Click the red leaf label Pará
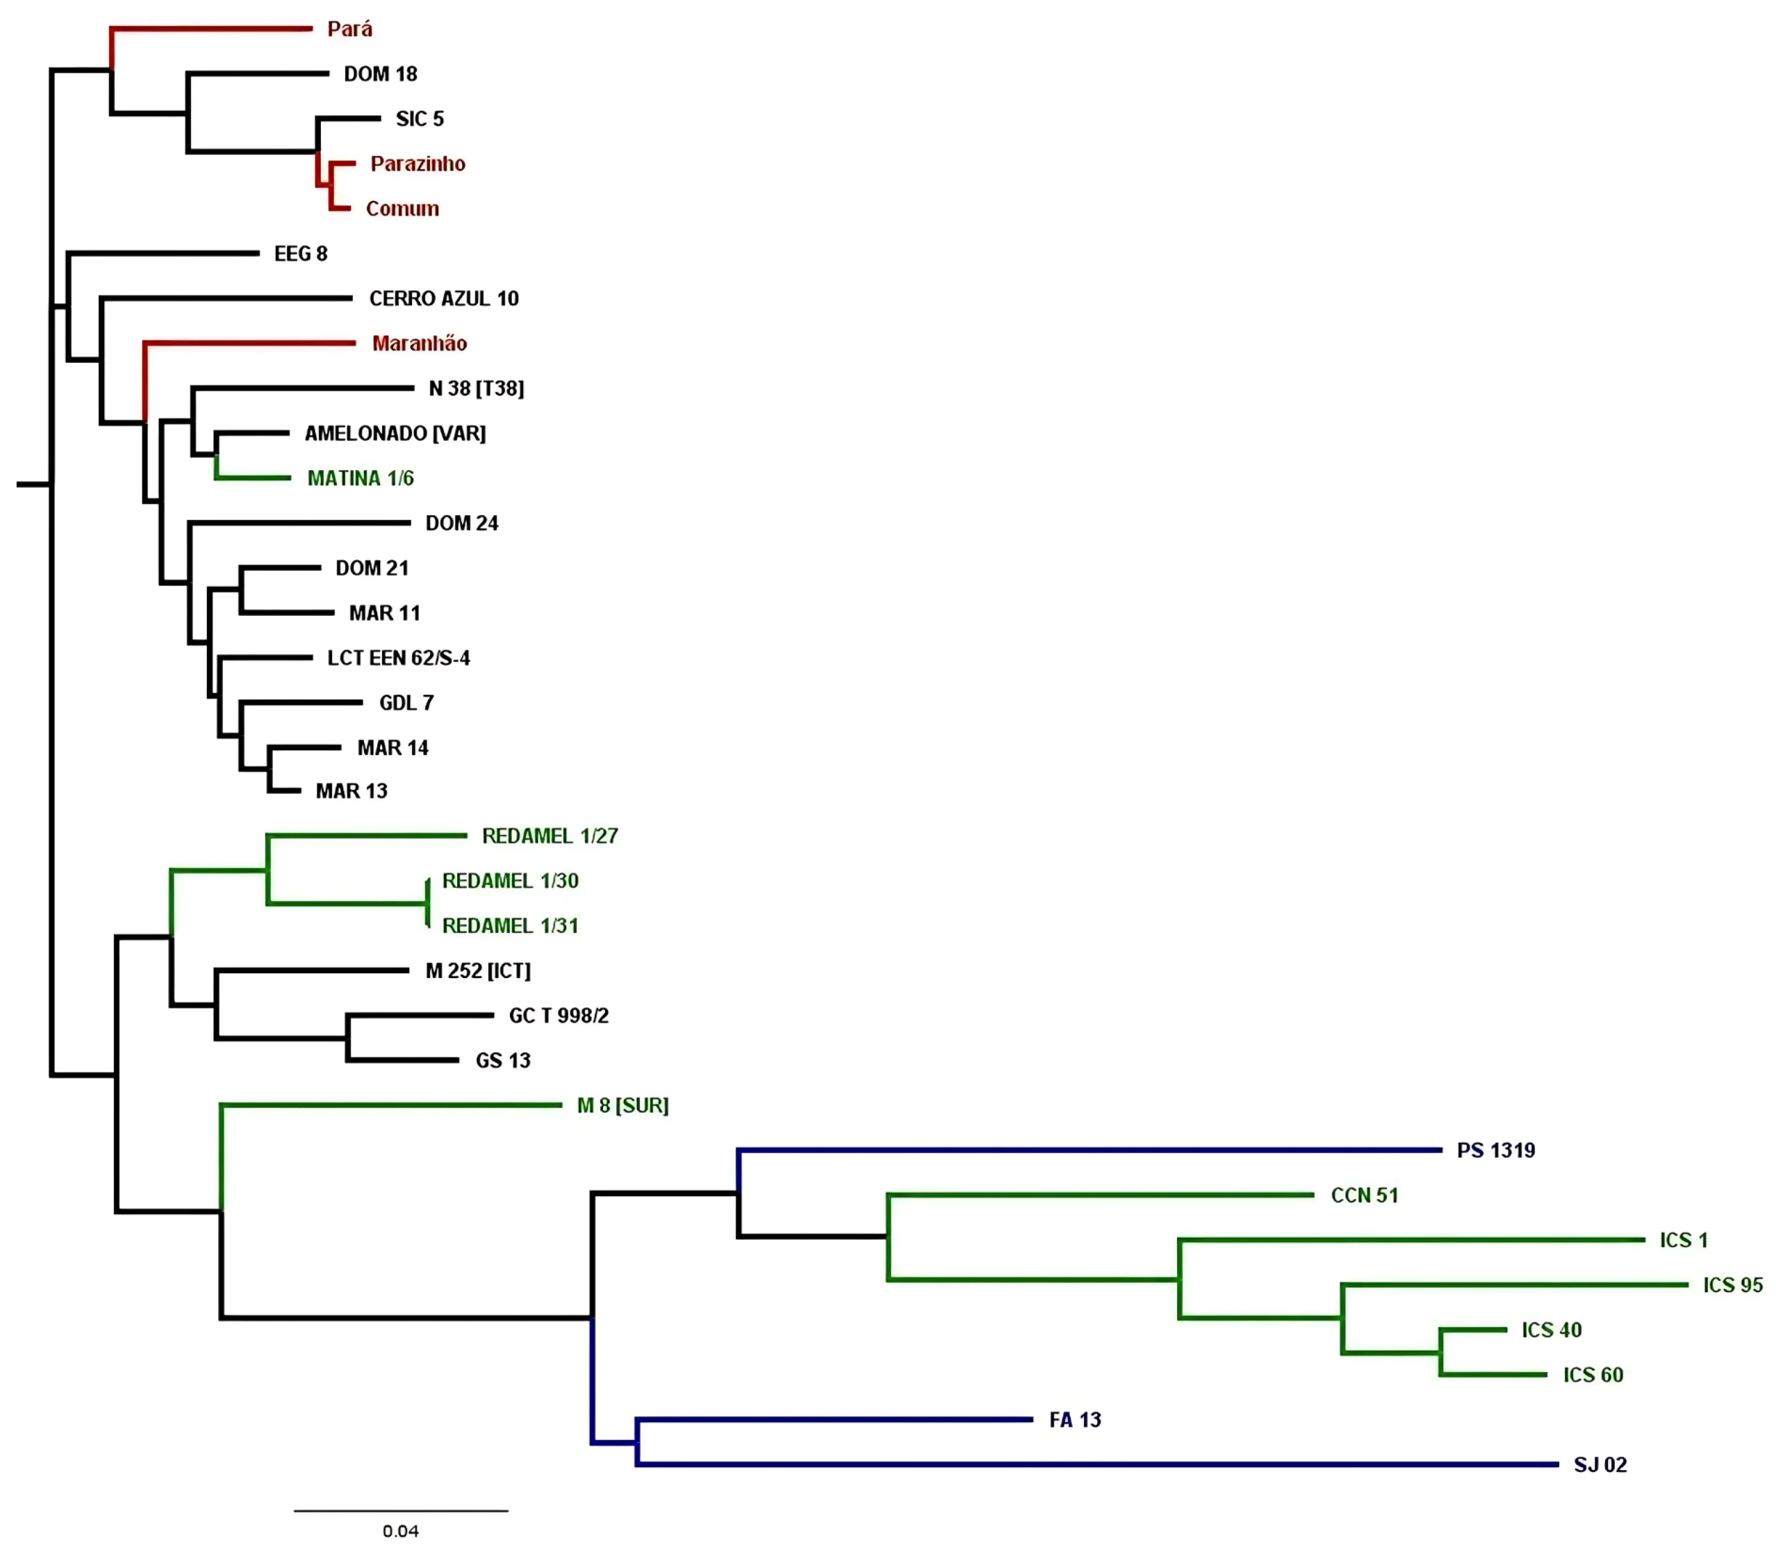coord(349,28)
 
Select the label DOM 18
coord(381,74)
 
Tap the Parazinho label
coord(417,163)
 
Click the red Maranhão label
coord(419,343)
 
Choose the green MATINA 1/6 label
coord(361,478)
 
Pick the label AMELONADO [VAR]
coord(394,433)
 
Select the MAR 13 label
coord(351,790)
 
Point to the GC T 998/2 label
coord(559,1015)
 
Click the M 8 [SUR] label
coord(622,1105)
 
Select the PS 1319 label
coord(1496,1150)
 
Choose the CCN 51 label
coord(1364,1195)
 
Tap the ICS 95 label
coord(1732,1285)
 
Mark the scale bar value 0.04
coord(400,1531)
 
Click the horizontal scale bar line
coord(400,1510)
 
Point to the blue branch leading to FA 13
coord(834,1419)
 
